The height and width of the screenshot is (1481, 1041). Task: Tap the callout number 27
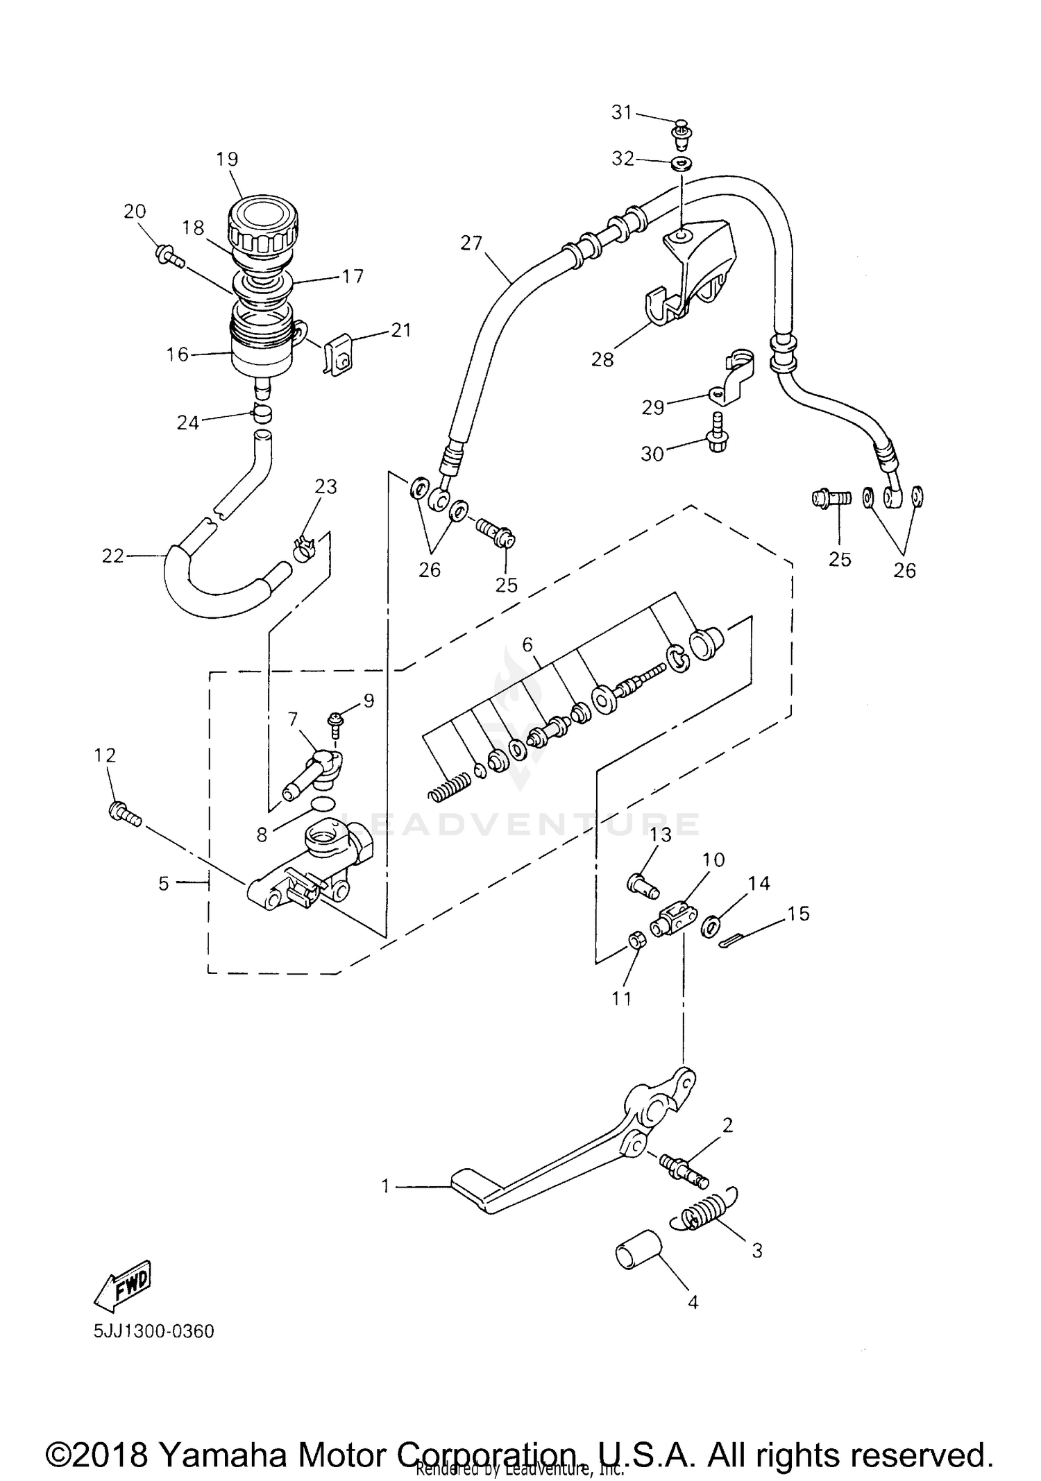tap(471, 243)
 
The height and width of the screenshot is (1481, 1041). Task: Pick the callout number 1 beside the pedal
tap(387, 1187)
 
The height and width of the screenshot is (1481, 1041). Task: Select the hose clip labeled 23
tap(306, 549)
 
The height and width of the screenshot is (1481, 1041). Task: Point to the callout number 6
tap(527, 645)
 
